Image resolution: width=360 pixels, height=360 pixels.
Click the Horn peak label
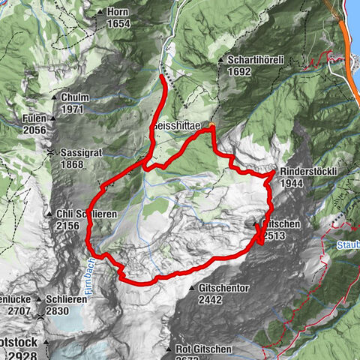(x=118, y=13)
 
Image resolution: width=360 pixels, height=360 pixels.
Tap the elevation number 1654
(x=118, y=23)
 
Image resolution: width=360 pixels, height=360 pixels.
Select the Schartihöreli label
(x=251, y=60)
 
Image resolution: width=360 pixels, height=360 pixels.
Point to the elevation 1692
(x=234, y=73)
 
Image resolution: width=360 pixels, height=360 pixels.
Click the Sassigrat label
(x=80, y=153)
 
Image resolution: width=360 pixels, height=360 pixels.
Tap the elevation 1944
(x=291, y=183)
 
